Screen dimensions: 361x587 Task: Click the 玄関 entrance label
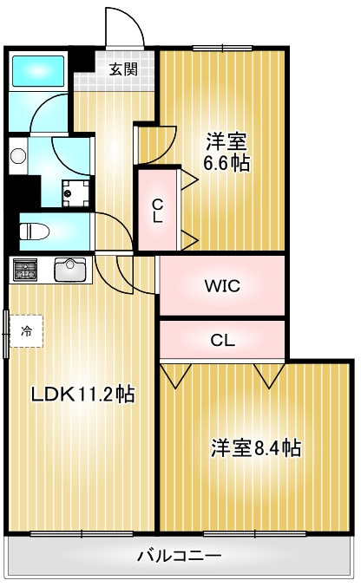[123, 68]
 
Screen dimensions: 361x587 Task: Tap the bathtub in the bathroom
[38, 71]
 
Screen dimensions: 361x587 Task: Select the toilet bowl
[35, 232]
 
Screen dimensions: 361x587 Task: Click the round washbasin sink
[18, 156]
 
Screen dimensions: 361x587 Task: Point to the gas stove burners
[25, 270]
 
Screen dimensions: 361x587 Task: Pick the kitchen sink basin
[70, 269]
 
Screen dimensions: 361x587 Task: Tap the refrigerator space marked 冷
[26, 331]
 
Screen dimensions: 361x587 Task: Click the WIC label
[222, 286]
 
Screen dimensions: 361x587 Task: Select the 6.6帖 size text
[226, 163]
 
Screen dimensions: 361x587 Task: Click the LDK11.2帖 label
[82, 394]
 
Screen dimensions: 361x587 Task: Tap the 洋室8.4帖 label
[256, 447]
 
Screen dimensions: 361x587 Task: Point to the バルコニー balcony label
[179, 556]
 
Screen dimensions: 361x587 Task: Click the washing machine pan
[75, 193]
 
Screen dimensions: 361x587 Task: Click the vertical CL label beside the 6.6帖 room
[157, 211]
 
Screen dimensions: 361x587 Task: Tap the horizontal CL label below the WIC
[223, 340]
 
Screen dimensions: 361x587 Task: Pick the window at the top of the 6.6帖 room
[222, 48]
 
